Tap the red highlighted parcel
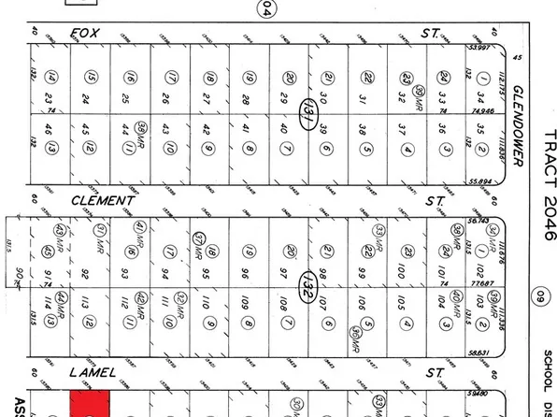pyautogui.click(x=91, y=404)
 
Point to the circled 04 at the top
pyautogui.click(x=268, y=9)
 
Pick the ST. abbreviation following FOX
pyautogui.click(x=430, y=34)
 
